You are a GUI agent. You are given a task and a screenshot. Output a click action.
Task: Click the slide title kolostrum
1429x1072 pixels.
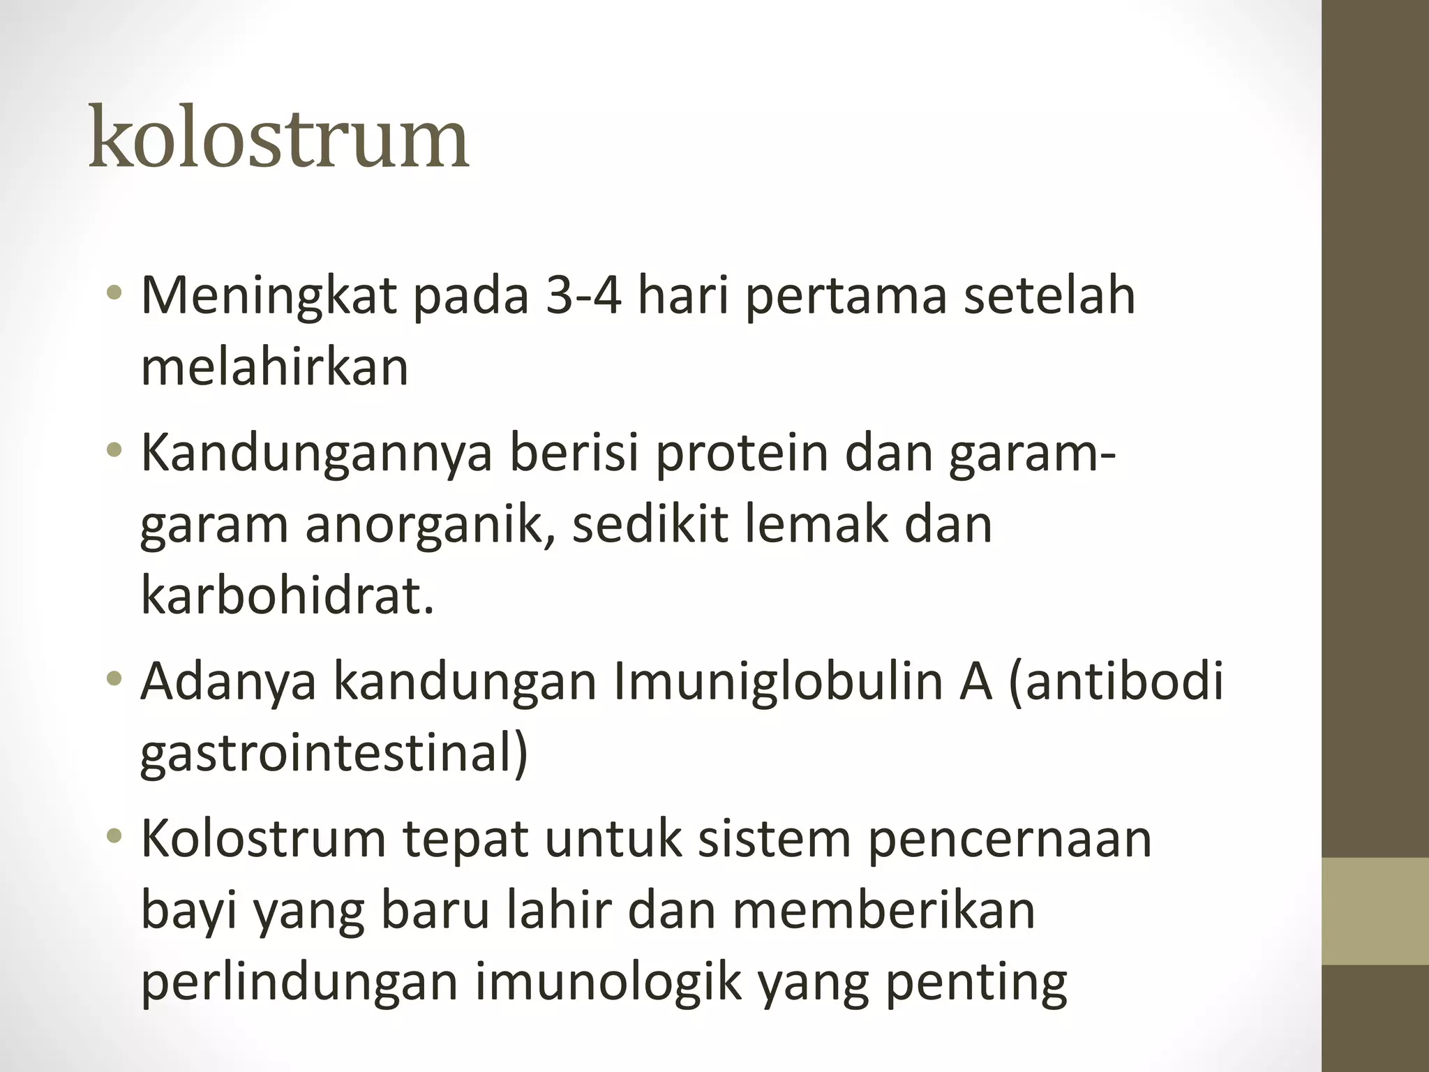point(279,137)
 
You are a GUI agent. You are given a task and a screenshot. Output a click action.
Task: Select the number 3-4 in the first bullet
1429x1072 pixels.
point(583,295)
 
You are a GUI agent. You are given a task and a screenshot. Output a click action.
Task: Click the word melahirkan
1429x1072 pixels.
point(274,367)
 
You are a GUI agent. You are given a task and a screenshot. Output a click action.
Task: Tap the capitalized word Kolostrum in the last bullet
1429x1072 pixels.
point(263,839)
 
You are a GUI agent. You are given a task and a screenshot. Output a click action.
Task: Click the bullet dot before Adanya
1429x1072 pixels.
point(116,679)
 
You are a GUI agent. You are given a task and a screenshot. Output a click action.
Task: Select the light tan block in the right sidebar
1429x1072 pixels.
point(1375,911)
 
